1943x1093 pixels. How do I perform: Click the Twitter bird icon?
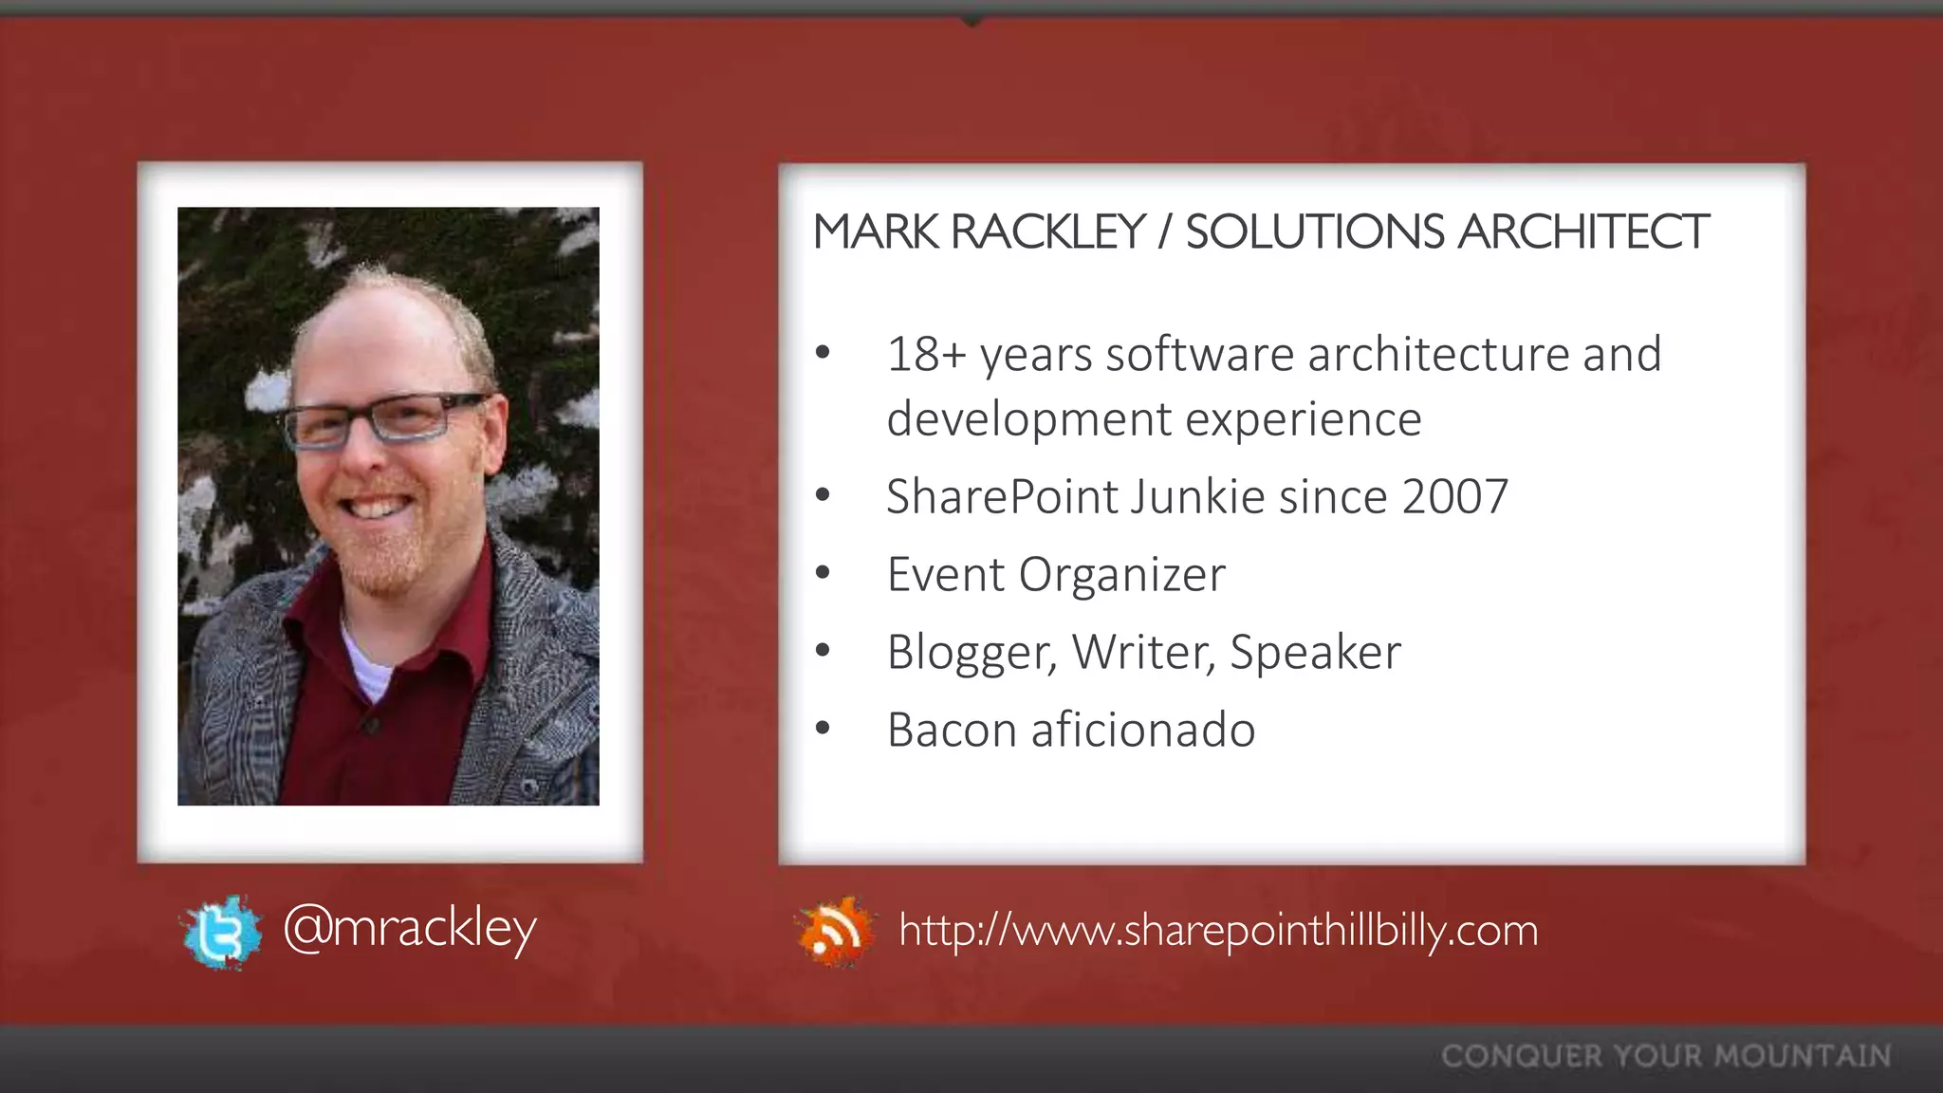click(222, 933)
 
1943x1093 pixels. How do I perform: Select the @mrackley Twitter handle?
click(410, 928)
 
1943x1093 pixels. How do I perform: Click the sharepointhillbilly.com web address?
click(1218, 930)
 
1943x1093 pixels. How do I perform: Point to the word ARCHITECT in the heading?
click(1583, 232)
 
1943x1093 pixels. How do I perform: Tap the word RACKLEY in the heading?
click(1047, 232)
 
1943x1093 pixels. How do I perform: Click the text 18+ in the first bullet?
click(926, 354)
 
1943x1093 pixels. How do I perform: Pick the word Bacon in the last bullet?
click(952, 730)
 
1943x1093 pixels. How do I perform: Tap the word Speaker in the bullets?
click(1315, 652)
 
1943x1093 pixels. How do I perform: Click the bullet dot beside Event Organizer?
click(822, 573)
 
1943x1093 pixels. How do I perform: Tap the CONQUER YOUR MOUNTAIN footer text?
click(1666, 1056)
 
